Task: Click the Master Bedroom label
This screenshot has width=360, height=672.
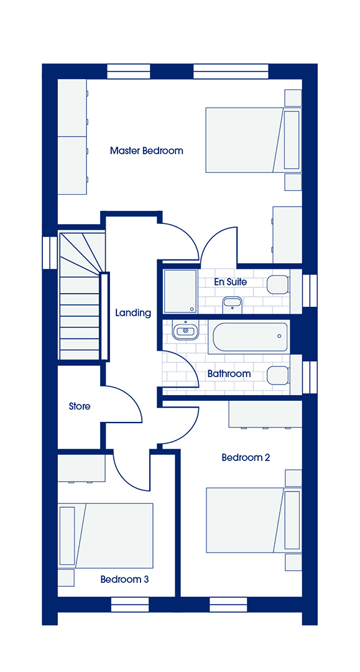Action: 146,151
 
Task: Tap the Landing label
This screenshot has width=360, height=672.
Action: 133,313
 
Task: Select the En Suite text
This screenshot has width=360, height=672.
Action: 230,282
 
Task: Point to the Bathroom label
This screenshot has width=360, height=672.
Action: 229,374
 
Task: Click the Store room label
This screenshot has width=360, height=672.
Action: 80,406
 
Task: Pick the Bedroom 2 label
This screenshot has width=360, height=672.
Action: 246,458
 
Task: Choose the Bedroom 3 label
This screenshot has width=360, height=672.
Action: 124,579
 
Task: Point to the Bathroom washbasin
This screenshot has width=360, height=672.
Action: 186,331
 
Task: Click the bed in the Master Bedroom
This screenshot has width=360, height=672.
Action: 254,140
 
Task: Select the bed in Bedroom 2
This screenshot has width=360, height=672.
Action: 254,520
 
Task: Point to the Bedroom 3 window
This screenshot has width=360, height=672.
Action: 131,605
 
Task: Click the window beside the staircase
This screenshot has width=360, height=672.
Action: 50,253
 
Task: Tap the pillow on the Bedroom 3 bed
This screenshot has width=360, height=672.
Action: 67,536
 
